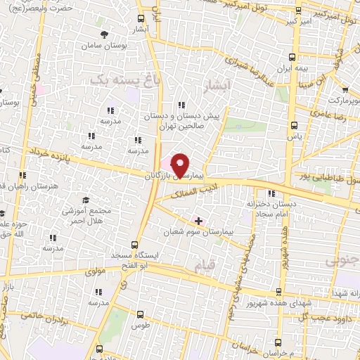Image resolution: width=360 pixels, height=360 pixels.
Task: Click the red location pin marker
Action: tap(180, 165)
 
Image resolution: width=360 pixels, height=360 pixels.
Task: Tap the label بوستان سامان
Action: tap(104, 45)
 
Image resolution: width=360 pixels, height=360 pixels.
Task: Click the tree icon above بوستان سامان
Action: tap(104, 34)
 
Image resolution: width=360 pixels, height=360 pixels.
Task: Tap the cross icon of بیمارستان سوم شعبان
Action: tap(198, 220)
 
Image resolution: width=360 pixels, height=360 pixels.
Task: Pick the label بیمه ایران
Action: tap(292, 70)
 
